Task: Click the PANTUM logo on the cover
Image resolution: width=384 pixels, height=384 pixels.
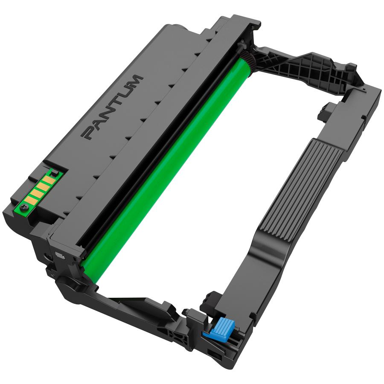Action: click(112, 108)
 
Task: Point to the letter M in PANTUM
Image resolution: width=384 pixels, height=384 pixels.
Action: click(135, 81)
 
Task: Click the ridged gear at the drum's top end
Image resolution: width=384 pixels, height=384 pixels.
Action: click(247, 60)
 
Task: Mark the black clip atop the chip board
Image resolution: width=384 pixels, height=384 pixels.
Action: click(55, 171)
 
